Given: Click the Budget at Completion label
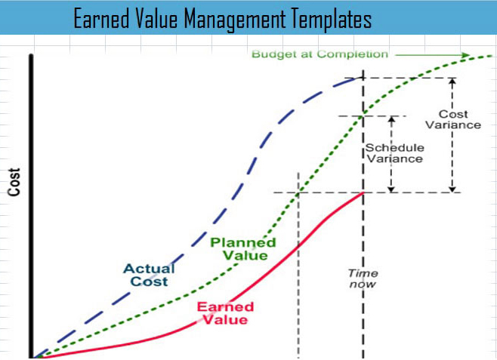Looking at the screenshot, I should pos(319,54).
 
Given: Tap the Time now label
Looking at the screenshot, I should pos(363,278).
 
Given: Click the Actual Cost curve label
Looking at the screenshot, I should pos(149,275).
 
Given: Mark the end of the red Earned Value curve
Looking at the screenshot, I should pos(363,192).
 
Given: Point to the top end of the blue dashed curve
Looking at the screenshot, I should pos(362,78).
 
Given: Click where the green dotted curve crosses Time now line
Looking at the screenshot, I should pos(364,115).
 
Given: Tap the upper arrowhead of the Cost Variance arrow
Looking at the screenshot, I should pos(452,80).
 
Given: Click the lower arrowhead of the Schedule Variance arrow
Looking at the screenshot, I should pos(390,189).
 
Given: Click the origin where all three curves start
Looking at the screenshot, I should pos(32,356).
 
